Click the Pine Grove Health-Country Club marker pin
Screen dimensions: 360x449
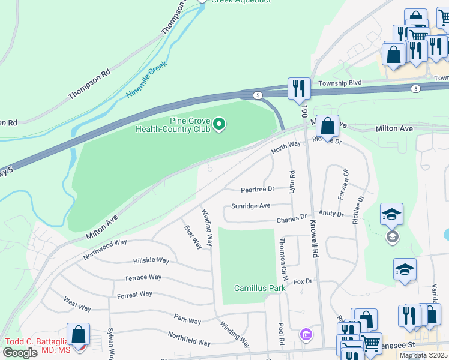click(x=219, y=124)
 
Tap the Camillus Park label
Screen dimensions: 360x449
click(x=259, y=288)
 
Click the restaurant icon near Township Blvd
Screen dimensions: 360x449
click(x=298, y=89)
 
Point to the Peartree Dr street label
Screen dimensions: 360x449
click(x=257, y=189)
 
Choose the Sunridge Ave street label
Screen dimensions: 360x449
click(x=250, y=206)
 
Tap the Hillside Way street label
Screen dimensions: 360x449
click(x=151, y=260)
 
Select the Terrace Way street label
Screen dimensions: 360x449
click(x=143, y=277)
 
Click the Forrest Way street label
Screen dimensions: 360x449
click(x=134, y=294)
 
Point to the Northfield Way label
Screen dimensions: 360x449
click(x=188, y=338)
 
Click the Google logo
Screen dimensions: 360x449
click(x=20, y=353)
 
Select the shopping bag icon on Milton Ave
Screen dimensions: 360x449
click(x=327, y=127)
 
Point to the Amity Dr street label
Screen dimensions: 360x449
click(x=331, y=214)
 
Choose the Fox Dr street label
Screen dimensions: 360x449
click(x=304, y=281)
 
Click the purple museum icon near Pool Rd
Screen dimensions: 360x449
click(x=306, y=334)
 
